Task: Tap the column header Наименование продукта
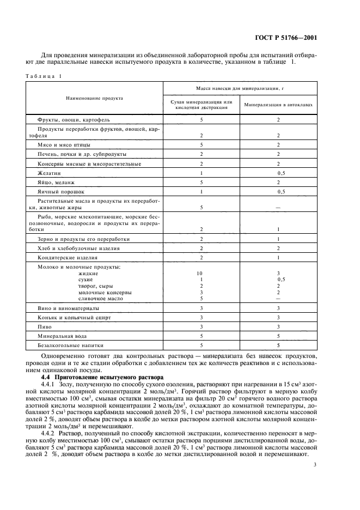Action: (94, 98)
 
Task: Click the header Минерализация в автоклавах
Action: (278, 105)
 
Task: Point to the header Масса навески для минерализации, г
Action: (240, 88)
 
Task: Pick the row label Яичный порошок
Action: (61, 192)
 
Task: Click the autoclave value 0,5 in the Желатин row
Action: (281, 172)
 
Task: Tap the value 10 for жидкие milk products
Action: (202, 273)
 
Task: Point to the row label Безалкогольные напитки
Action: (70, 346)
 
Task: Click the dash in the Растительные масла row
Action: (278, 207)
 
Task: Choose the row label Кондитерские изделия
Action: (68, 257)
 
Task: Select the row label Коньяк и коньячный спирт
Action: (74, 317)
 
